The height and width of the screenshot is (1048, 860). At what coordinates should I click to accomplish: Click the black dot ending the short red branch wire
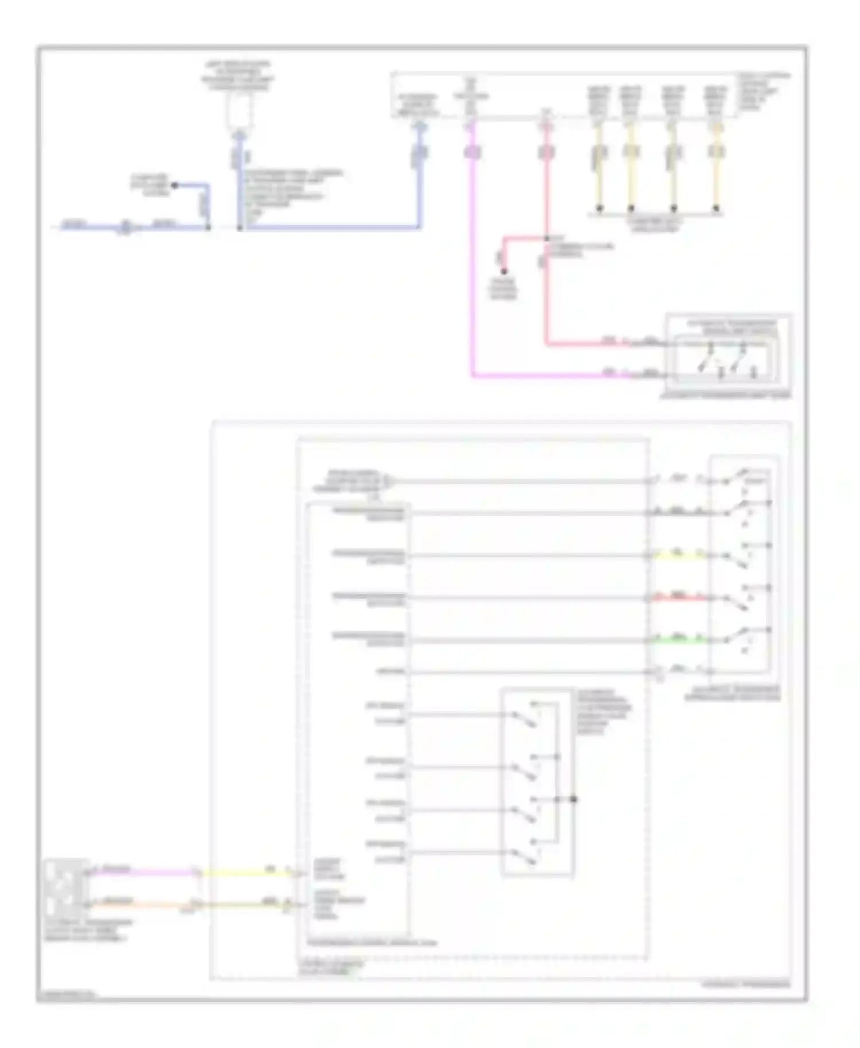504,271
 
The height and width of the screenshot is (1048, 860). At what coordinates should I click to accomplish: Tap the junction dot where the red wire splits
546,238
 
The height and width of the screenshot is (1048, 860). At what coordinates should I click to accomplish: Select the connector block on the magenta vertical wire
472,152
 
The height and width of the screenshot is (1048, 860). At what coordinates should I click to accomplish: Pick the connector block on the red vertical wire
546,152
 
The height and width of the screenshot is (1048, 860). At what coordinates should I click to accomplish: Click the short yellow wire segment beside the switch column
678,555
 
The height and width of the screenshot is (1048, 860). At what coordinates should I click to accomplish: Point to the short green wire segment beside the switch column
678,639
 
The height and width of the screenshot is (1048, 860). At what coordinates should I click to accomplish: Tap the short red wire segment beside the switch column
678,598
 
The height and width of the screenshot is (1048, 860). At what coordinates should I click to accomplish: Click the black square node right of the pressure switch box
574,799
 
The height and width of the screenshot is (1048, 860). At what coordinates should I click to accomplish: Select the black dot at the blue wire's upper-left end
175,185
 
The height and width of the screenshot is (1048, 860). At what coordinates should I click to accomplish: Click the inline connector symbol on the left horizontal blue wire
125,228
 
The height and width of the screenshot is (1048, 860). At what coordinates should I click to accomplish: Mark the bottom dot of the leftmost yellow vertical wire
599,208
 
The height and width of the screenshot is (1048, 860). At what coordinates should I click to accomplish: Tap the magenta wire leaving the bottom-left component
143,873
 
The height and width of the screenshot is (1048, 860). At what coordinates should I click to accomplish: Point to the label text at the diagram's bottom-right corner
745,984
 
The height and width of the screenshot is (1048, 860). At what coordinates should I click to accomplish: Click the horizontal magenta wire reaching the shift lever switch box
545,376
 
